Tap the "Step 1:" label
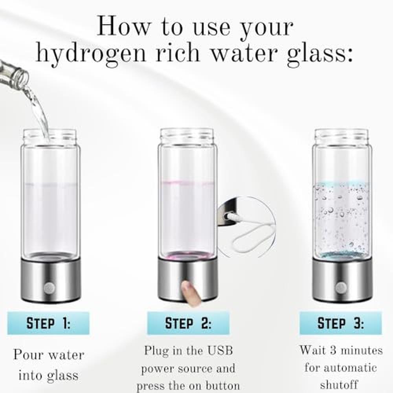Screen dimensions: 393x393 click(48, 323)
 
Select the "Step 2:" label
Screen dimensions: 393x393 click(188, 323)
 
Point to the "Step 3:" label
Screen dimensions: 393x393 click(341, 323)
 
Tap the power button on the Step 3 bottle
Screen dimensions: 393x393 click(341, 288)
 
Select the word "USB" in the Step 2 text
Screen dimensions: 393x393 click(220, 351)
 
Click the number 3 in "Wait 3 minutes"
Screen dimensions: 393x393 click(333, 350)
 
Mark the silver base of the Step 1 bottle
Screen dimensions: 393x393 click(51, 281)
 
